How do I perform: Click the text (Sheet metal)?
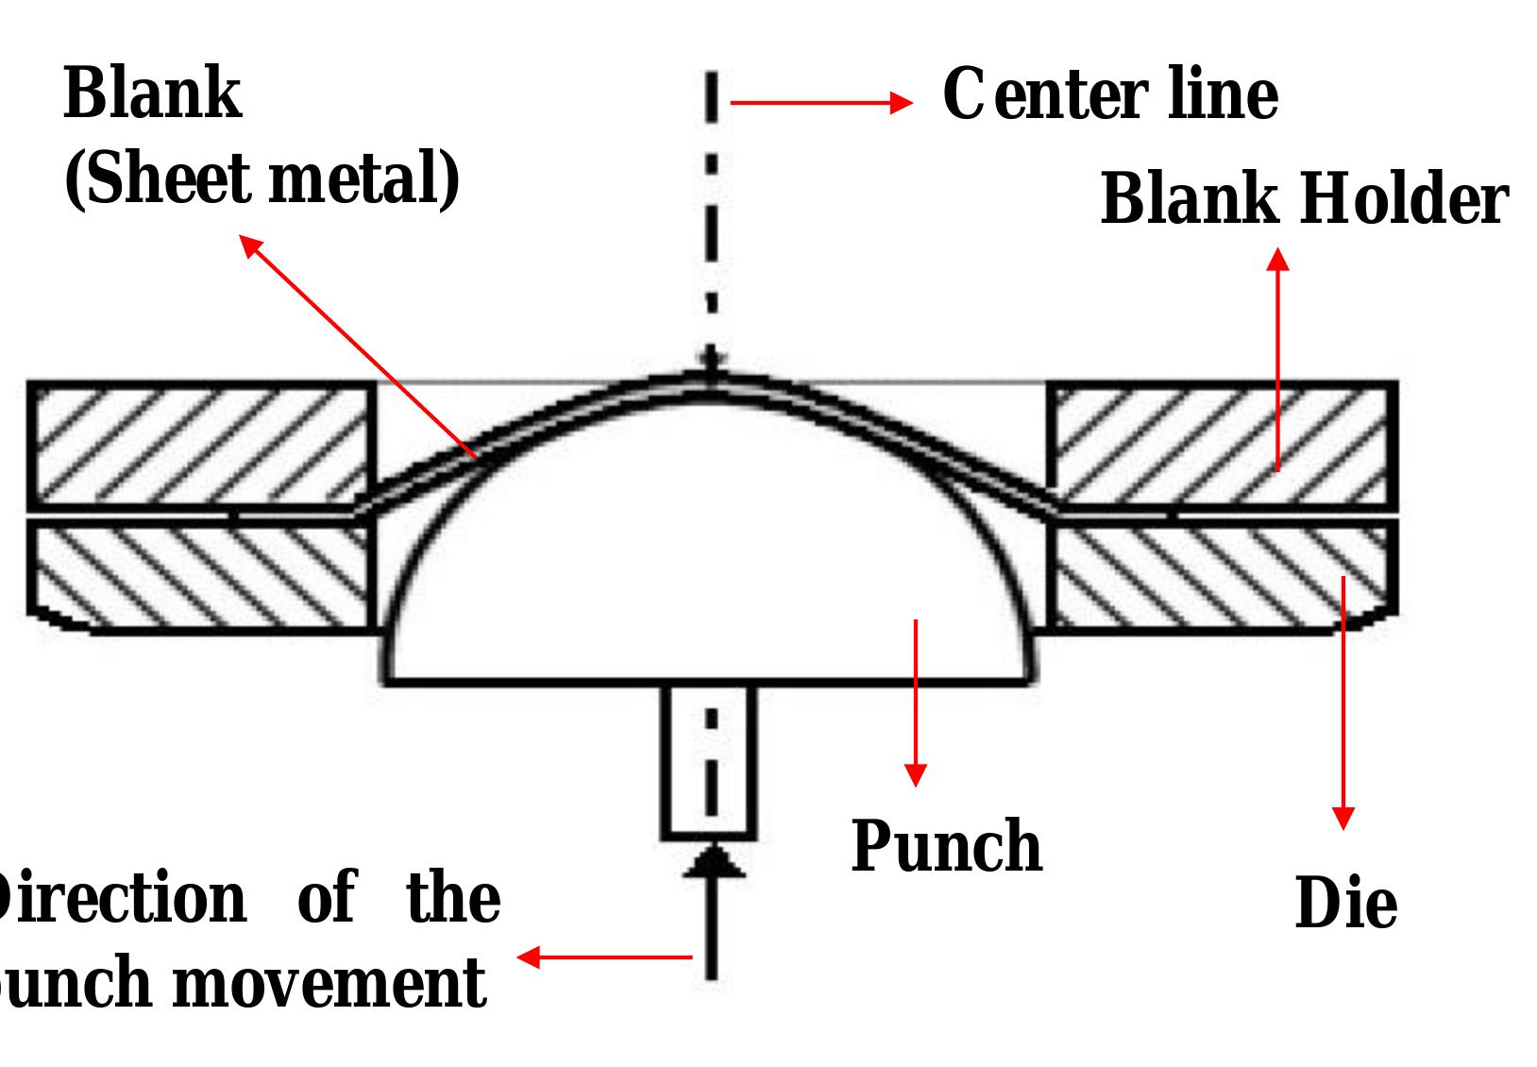(x=262, y=179)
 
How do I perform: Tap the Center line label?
(x=1110, y=95)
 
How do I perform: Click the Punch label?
(x=947, y=845)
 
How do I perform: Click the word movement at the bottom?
(x=329, y=982)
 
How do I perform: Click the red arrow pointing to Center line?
(x=821, y=102)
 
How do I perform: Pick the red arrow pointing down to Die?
(x=1343, y=699)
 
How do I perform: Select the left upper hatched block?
(x=200, y=444)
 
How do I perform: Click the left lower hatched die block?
(x=200, y=576)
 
